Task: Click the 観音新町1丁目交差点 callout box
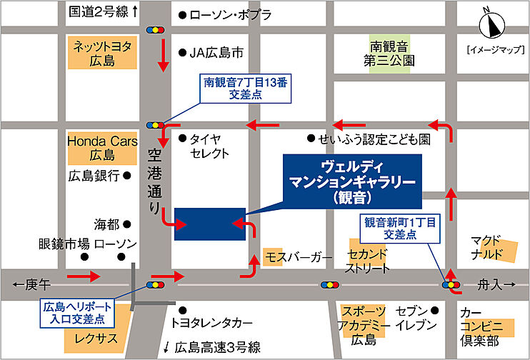(x=400, y=228)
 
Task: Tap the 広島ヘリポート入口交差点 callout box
(x=74, y=311)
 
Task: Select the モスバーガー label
(x=299, y=256)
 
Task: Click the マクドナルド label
(x=493, y=246)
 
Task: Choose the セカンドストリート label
(x=368, y=262)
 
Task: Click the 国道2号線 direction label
(x=104, y=12)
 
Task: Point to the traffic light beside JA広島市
(x=154, y=31)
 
